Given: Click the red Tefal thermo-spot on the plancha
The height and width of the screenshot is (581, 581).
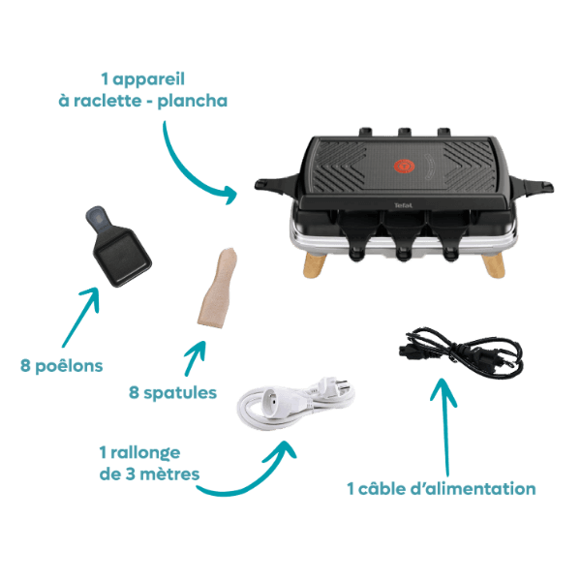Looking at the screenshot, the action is pyautogui.click(x=404, y=166).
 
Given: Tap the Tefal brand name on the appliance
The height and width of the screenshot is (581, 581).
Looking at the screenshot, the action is pyautogui.click(x=403, y=205).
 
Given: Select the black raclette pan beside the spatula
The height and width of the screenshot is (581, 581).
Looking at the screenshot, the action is pyautogui.click(x=118, y=246).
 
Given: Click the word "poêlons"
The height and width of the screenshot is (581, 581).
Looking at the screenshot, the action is pyautogui.click(x=69, y=366).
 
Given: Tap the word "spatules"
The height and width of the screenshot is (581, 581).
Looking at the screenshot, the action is pyautogui.click(x=180, y=393).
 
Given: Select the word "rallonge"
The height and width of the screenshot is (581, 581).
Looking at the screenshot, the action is pyautogui.click(x=145, y=453).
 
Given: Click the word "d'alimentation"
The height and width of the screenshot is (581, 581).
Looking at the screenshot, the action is pyautogui.click(x=473, y=488).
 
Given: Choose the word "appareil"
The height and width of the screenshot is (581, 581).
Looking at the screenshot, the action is pyautogui.click(x=148, y=79).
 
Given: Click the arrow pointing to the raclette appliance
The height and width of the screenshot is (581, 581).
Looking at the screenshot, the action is pyautogui.click(x=189, y=171).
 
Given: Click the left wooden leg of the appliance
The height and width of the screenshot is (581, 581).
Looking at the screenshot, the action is pyautogui.click(x=314, y=264).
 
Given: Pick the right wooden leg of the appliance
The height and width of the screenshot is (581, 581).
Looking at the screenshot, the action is pyautogui.click(x=494, y=265).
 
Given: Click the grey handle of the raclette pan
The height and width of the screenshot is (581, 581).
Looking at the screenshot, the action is pyautogui.click(x=98, y=219).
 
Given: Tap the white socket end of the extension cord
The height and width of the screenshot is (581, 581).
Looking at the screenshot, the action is pyautogui.click(x=270, y=401).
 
